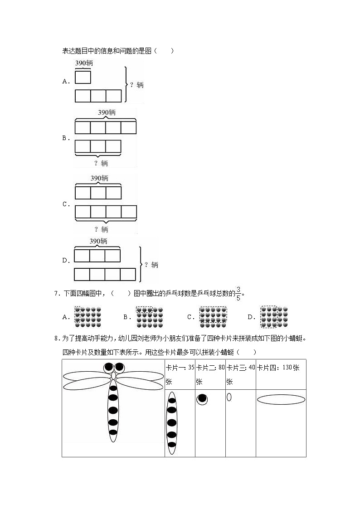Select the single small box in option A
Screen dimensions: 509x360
coord(83,78)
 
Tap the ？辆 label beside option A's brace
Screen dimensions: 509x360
coord(136,85)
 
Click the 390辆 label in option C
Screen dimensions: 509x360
coord(99,178)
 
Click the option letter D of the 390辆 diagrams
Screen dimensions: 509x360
coord(65,260)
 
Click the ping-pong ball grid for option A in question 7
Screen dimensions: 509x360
coord(88,317)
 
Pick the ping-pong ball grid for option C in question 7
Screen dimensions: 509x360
coord(213,317)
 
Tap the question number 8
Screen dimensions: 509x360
coord(56,338)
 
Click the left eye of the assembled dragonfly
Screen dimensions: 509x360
coord(109,367)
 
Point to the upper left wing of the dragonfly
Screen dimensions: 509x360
coord(86,376)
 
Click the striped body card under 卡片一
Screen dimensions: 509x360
coord(172,423)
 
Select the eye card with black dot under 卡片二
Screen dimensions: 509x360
coord(202,399)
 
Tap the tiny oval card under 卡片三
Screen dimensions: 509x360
coord(229,397)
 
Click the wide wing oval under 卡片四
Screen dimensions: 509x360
coord(281,400)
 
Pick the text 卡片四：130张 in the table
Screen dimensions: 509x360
coord(278,368)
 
